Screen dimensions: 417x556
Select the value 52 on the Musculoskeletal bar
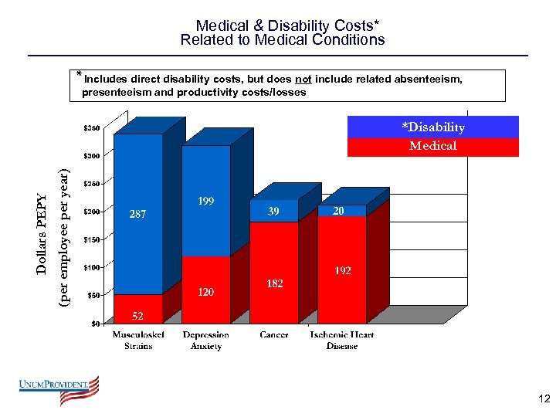point(136,316)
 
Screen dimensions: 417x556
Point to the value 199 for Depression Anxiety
point(205,202)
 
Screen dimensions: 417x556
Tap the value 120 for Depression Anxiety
point(205,293)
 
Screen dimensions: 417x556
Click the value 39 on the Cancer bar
point(274,211)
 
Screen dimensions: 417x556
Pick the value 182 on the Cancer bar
point(274,284)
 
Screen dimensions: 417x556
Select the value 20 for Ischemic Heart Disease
point(338,211)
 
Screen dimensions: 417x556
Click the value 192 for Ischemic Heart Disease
point(343,271)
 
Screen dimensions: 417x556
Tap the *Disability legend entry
point(432,127)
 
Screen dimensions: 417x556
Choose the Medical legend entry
point(432,146)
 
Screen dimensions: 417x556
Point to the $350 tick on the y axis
point(92,127)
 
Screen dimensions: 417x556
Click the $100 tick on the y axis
point(92,267)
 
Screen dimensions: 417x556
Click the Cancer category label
point(274,335)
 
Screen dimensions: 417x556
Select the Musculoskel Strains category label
point(138,341)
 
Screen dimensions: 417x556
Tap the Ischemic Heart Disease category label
point(341,341)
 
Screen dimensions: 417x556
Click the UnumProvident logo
point(59,391)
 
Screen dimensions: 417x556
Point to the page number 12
point(544,399)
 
